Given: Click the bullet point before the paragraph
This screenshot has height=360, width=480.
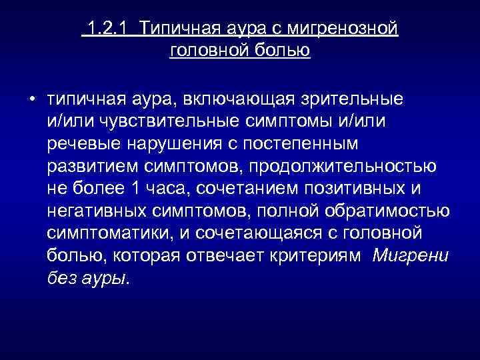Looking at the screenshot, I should [x=32, y=100].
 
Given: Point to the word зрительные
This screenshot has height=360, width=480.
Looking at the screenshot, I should [x=352, y=99].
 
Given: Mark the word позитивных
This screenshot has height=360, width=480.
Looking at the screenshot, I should [x=343, y=188].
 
